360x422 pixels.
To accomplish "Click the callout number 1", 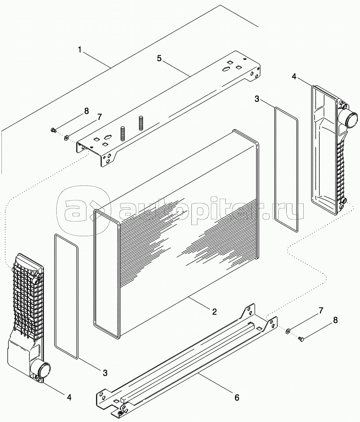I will click(80, 49).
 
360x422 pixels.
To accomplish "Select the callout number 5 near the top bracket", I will click(159, 58).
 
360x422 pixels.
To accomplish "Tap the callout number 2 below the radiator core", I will click(214, 311).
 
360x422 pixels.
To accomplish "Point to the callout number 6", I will click(236, 398).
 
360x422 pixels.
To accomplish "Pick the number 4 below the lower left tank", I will click(69, 397).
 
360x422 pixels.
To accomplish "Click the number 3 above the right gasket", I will click(257, 99).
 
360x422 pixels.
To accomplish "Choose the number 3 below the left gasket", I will click(105, 373).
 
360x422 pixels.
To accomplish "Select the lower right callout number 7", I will click(320, 311).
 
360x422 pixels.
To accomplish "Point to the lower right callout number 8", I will click(335, 320).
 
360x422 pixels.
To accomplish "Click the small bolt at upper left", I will click(53, 130).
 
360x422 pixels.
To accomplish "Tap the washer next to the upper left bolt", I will click(66, 138).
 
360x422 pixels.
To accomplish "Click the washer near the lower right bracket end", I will click(288, 331).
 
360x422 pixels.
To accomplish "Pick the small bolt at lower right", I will click(300, 339).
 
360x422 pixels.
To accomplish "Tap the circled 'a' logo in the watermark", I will click(82, 210).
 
